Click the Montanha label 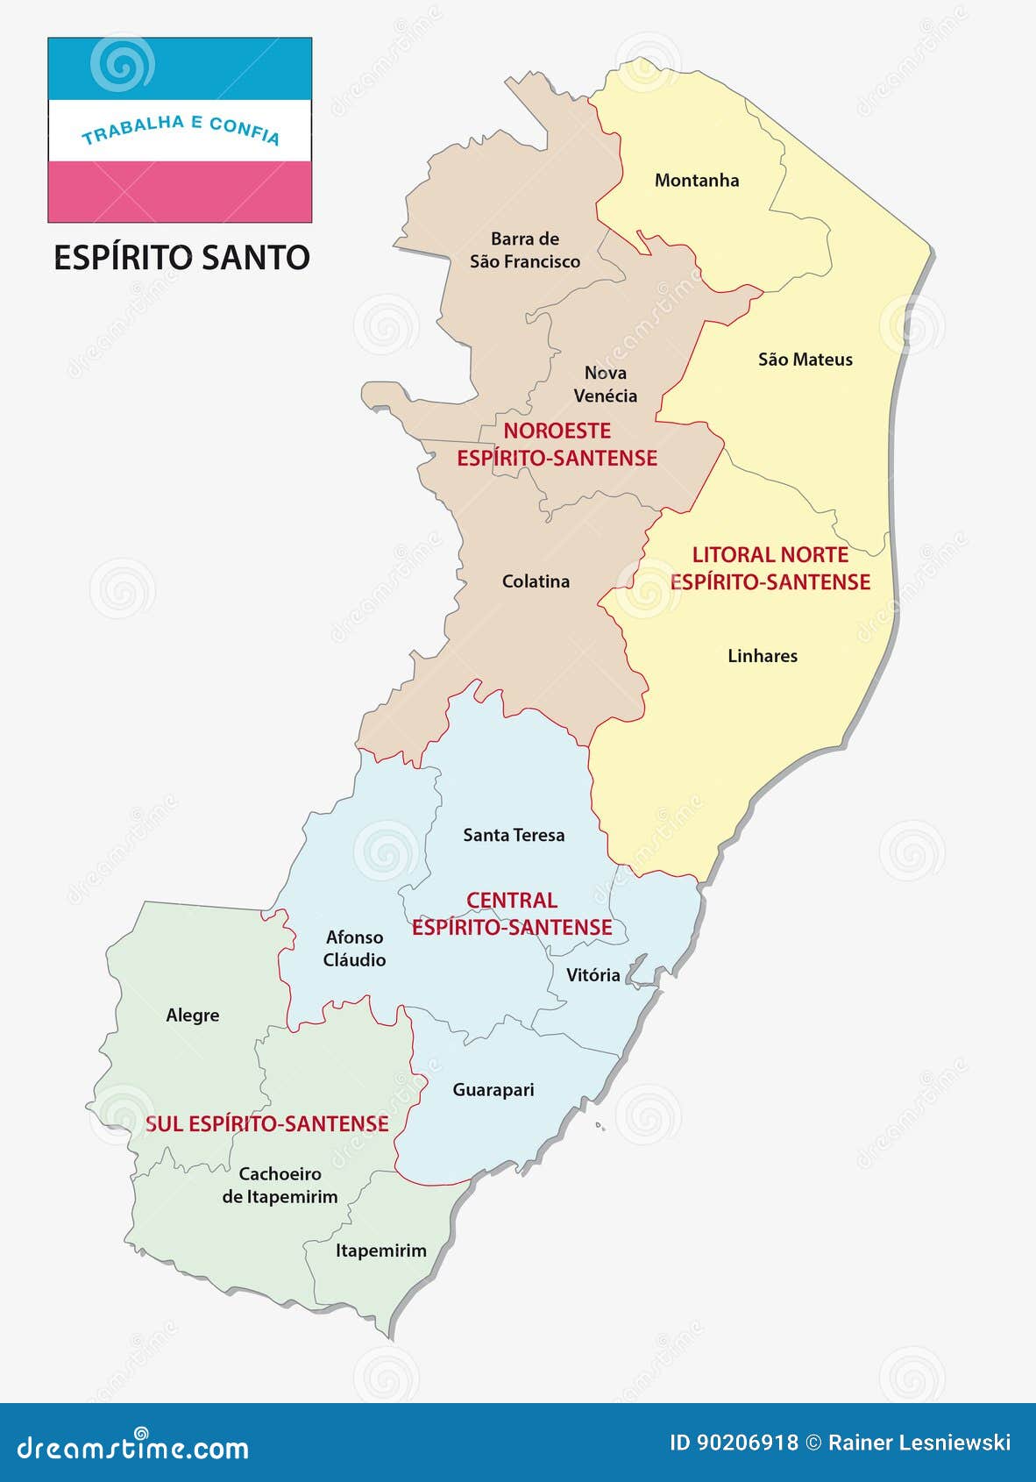click(697, 181)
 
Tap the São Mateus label click(805, 360)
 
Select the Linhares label click(763, 656)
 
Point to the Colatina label click(536, 581)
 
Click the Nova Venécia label click(605, 384)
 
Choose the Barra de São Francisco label click(524, 250)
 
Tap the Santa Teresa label click(514, 836)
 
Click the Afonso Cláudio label click(354, 949)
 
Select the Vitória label click(593, 975)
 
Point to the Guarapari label click(493, 1090)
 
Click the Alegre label click(193, 1015)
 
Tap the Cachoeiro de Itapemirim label click(280, 1186)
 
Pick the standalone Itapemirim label click(380, 1251)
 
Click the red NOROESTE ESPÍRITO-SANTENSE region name click(557, 445)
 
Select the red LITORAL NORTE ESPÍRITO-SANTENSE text click(770, 568)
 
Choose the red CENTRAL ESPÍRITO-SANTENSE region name click(512, 914)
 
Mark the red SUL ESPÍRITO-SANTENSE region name click(266, 1124)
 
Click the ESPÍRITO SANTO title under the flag click(181, 258)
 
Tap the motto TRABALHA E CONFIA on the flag click(181, 129)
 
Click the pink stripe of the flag click(180, 191)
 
